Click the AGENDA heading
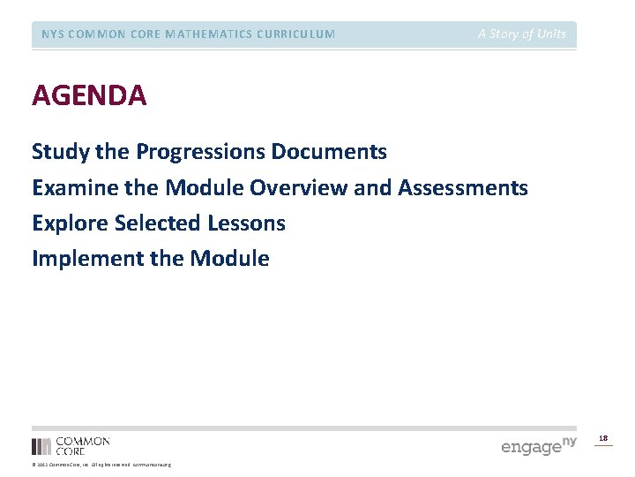coord(89,95)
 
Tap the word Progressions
coord(201,152)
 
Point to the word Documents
coord(329,152)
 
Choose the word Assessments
coord(463,188)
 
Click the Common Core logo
coord(71,445)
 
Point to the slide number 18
coord(603,438)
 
